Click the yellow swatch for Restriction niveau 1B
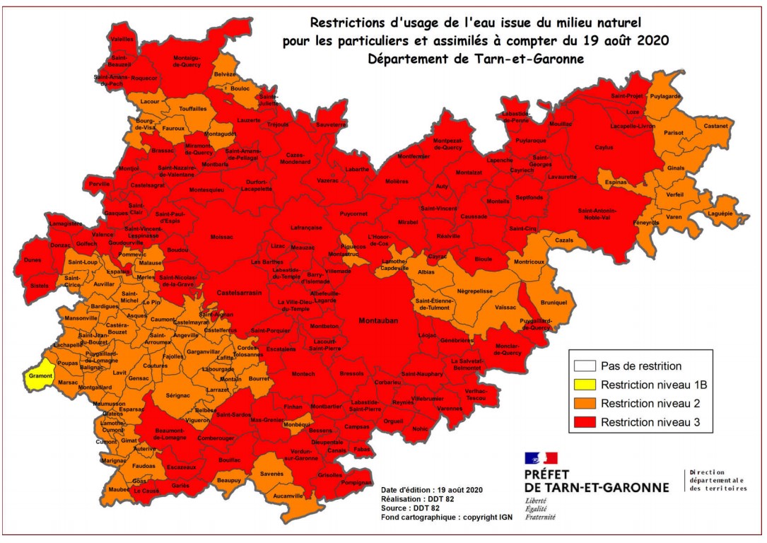(585, 385)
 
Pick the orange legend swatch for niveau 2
(585, 404)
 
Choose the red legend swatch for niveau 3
(585, 423)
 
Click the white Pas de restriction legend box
(585, 366)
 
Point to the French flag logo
(541, 459)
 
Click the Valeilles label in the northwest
(122, 40)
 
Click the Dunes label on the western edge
(33, 260)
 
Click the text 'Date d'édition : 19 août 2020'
(431, 490)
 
